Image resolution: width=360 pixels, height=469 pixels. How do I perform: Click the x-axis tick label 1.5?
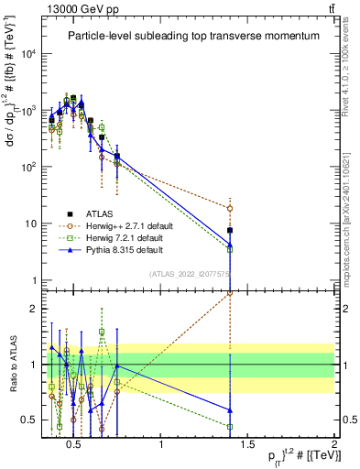tap(248, 446)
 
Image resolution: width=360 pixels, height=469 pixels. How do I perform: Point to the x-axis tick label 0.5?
tap(75, 446)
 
